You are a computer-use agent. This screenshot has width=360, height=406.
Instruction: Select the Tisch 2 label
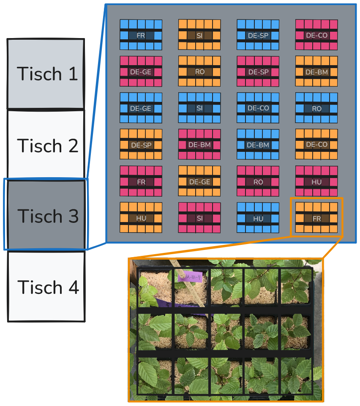point(48,146)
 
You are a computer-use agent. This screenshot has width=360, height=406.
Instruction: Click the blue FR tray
point(141,35)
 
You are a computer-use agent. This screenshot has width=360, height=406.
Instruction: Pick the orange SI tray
point(199,35)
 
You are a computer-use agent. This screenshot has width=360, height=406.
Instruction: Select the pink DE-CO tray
point(316,35)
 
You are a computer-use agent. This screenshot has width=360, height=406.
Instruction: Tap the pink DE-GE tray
point(141,72)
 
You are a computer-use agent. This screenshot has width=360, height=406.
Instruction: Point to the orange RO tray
point(199,72)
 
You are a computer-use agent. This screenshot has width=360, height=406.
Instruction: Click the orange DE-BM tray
point(316,72)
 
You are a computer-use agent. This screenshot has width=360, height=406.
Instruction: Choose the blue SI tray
point(199,108)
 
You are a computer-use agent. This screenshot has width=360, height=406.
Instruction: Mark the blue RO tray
point(316,108)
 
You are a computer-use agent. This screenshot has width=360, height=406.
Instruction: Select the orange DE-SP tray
point(141,145)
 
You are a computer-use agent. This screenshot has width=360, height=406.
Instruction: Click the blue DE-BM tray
point(258,145)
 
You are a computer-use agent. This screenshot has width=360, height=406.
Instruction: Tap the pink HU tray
point(316,181)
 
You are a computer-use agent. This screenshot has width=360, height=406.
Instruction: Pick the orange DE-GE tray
point(199,181)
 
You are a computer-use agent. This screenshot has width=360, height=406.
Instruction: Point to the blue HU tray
point(258,218)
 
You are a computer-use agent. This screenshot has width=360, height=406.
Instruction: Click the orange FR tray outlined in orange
point(316,218)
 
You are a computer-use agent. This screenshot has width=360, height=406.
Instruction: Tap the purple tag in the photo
point(190,277)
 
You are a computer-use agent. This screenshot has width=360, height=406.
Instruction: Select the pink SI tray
point(199,218)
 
